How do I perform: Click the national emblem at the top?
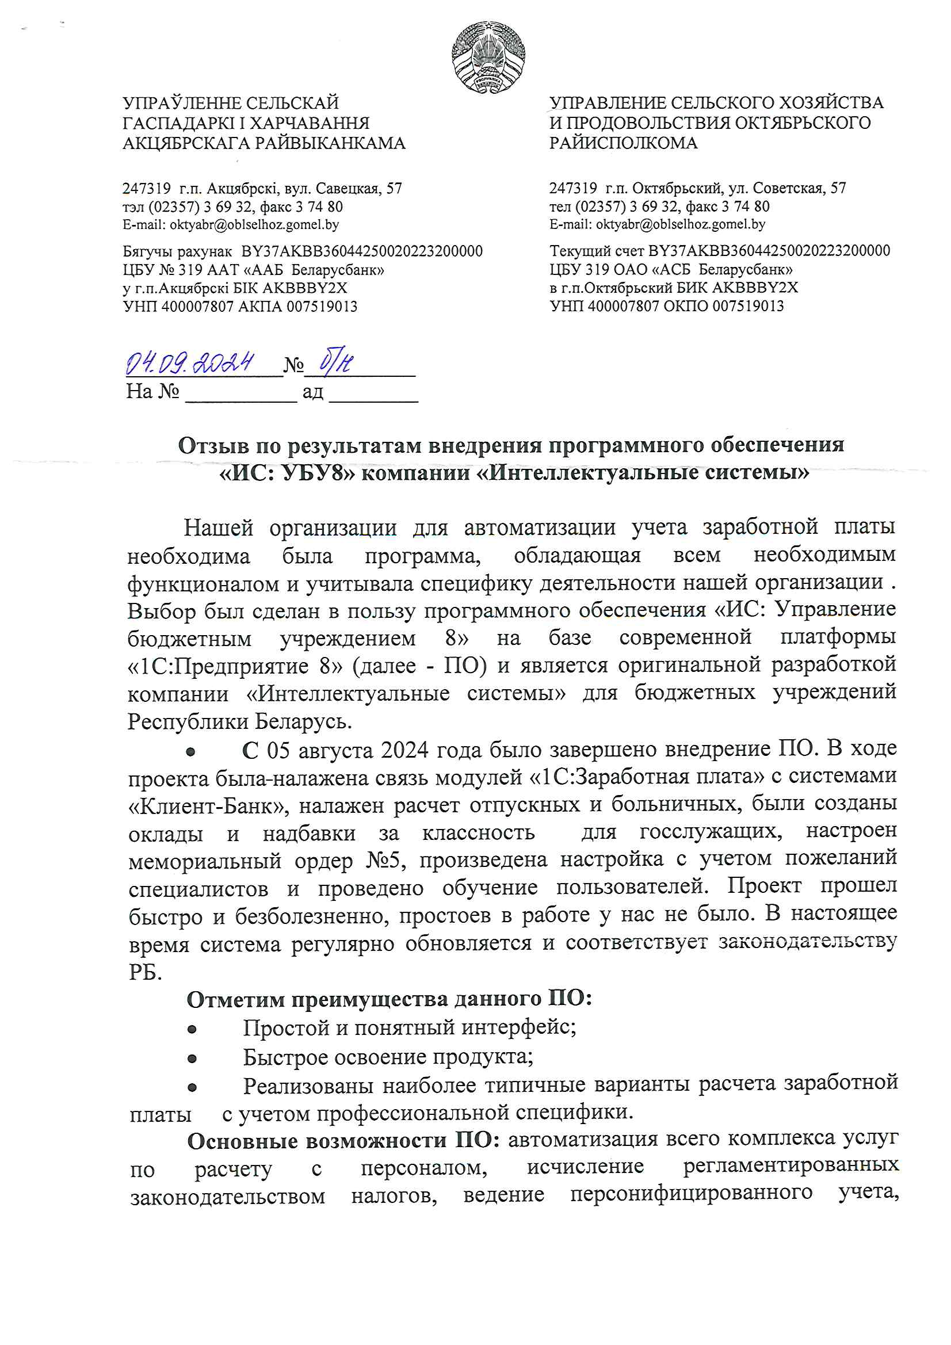click(x=487, y=57)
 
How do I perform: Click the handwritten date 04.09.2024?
click(x=190, y=364)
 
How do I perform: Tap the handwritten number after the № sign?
click(x=337, y=362)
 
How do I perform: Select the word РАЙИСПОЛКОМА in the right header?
click(x=623, y=143)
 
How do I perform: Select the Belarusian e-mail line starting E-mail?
click(x=230, y=224)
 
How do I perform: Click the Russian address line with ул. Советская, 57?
click(x=697, y=188)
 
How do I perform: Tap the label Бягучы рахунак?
click(x=177, y=251)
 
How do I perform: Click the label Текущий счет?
click(x=597, y=251)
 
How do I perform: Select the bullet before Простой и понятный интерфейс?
click(x=192, y=1029)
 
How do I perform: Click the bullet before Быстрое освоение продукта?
click(x=192, y=1059)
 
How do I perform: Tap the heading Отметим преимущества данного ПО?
click(x=389, y=999)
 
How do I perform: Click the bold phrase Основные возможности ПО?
click(x=343, y=1141)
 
